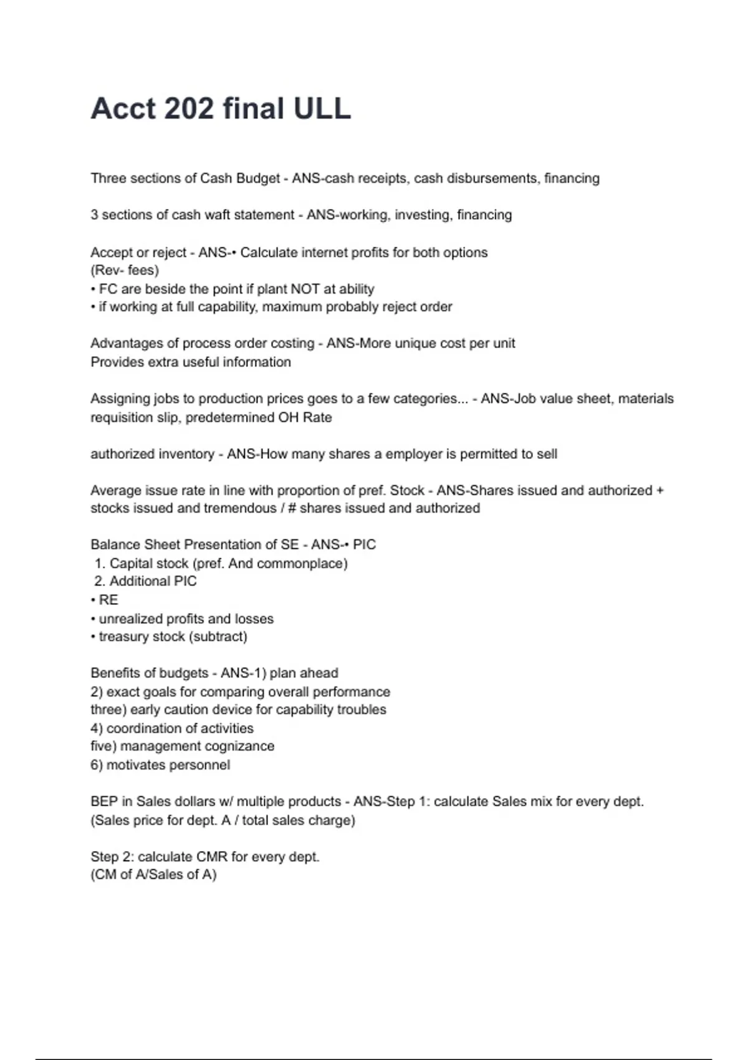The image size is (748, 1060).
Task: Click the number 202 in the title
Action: pyautogui.click(x=188, y=108)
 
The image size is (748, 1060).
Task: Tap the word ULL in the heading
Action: pyautogui.click(x=322, y=108)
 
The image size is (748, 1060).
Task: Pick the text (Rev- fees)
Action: pyautogui.click(x=125, y=271)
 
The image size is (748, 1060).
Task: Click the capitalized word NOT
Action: pyautogui.click(x=305, y=289)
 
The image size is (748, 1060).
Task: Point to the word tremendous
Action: pyautogui.click(x=240, y=508)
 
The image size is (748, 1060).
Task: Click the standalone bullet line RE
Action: pyautogui.click(x=108, y=600)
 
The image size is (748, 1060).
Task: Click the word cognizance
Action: pyautogui.click(x=240, y=746)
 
